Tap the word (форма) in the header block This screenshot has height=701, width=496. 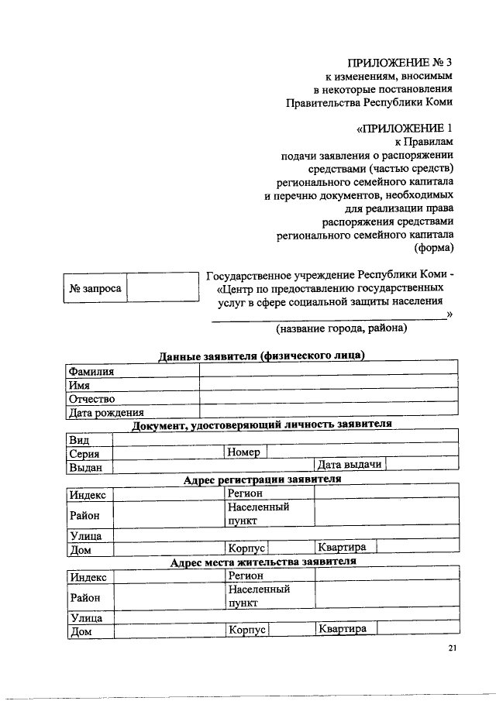click(434, 248)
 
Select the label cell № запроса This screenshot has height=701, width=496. click(95, 288)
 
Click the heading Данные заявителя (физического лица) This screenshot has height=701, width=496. click(262, 356)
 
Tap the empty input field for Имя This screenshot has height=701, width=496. click(329, 385)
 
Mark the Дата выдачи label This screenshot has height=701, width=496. click(350, 465)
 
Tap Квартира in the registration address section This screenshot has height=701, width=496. click(345, 548)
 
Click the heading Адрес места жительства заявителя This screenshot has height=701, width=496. click(262, 562)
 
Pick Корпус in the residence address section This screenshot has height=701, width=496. click(246, 630)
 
